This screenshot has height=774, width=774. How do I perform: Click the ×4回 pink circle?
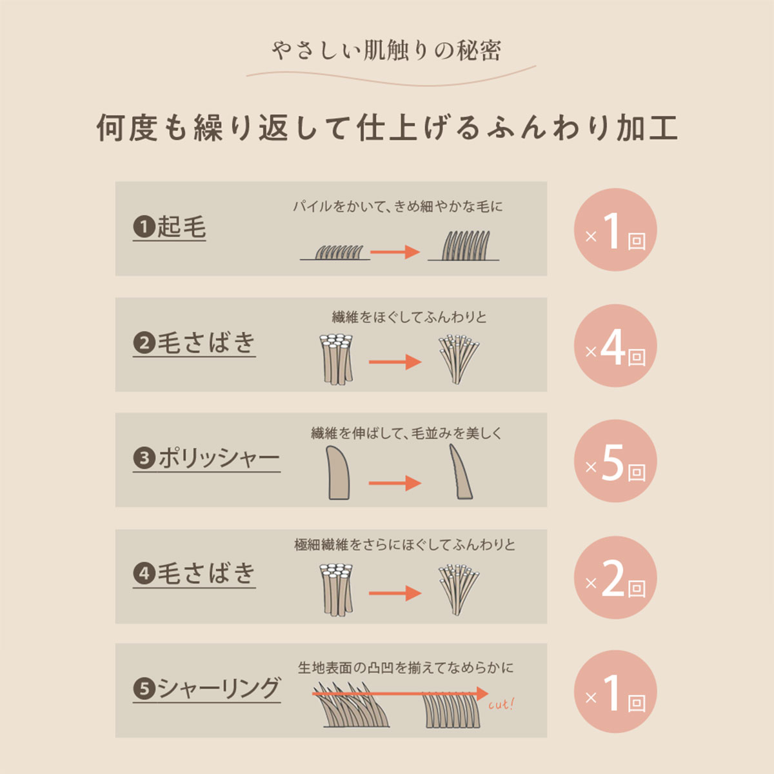coord(615,346)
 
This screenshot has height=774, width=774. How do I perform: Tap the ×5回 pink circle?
coord(615,461)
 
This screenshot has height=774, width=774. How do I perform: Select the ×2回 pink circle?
coord(615,577)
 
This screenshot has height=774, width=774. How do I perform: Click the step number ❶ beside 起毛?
coord(144,227)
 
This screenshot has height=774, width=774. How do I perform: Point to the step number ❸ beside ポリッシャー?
coord(144,458)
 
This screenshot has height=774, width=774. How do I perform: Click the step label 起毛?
coord(181,227)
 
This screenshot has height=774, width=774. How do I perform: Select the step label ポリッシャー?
coord(219,459)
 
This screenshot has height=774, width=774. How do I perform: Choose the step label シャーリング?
coord(219,688)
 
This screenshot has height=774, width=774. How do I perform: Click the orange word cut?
coord(501,705)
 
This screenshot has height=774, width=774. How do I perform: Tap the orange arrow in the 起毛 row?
coord(395,252)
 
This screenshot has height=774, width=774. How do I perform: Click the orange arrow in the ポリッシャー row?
coord(395,483)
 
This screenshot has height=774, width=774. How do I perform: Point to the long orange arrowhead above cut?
coord(482,693)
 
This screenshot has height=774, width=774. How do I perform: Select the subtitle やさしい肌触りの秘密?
coord(386,50)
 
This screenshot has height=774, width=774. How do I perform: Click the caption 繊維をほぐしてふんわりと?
coord(409,317)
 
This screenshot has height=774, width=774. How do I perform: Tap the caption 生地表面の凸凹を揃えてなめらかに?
coord(406,668)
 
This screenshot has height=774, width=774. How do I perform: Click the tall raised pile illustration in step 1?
coord(464,246)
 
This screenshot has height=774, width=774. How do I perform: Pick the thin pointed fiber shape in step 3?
coord(461,471)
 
